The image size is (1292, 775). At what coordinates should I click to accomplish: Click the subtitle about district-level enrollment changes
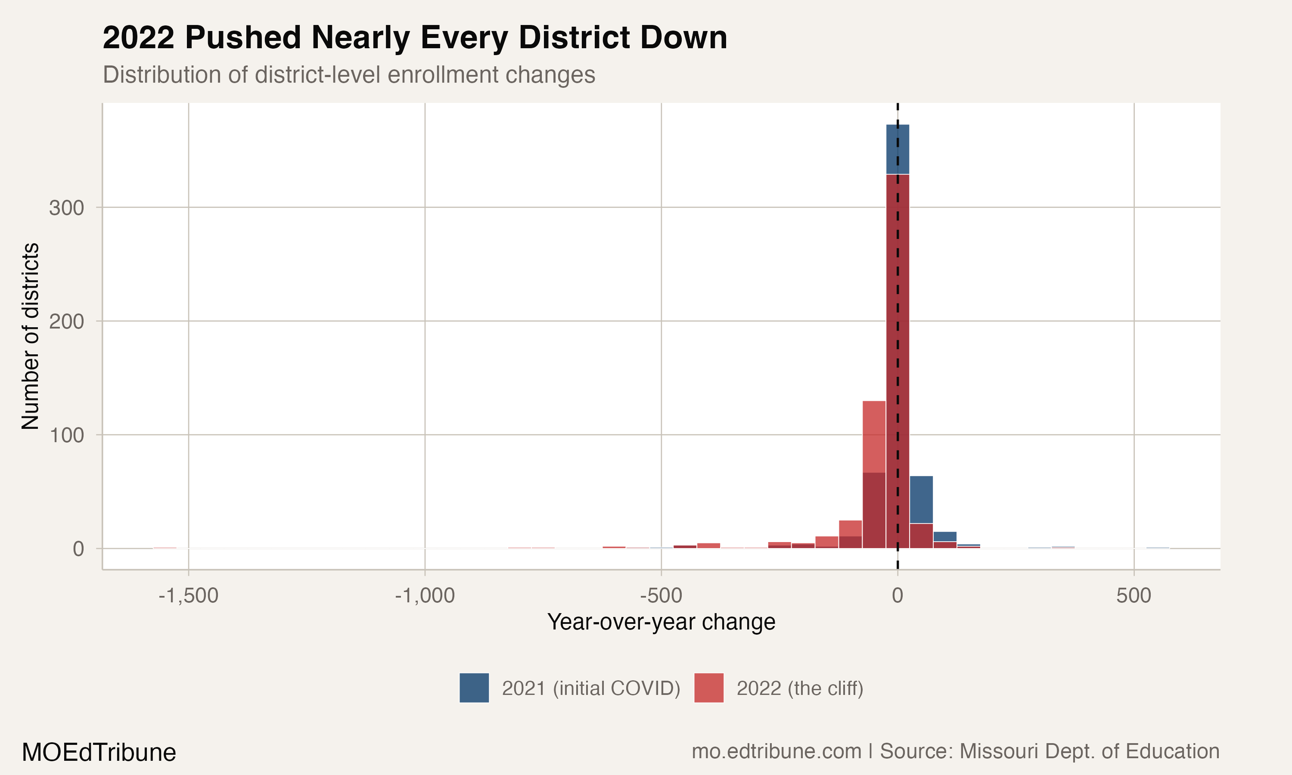tap(349, 74)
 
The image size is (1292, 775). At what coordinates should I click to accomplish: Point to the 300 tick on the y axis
tap(66, 208)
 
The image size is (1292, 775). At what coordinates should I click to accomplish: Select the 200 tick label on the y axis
tap(66, 322)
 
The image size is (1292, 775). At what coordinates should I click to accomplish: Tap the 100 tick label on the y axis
tap(66, 435)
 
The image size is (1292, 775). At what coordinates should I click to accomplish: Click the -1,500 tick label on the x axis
tap(188, 595)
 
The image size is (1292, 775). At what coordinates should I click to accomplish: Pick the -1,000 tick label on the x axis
tap(425, 595)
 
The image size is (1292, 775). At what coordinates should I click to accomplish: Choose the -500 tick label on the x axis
tap(661, 595)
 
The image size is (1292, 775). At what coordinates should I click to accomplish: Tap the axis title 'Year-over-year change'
tap(661, 622)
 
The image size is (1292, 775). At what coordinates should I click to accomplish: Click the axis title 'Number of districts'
tap(30, 336)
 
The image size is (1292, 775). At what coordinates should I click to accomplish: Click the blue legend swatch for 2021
tap(474, 688)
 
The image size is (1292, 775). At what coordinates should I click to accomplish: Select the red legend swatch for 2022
tap(709, 688)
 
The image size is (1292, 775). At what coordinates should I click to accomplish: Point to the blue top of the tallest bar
tap(898, 149)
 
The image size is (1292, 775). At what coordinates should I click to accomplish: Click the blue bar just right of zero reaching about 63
tap(921, 499)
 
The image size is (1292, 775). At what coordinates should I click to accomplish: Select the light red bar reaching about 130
tap(874, 436)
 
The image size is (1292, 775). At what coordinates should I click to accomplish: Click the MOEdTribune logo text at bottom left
tap(99, 753)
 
